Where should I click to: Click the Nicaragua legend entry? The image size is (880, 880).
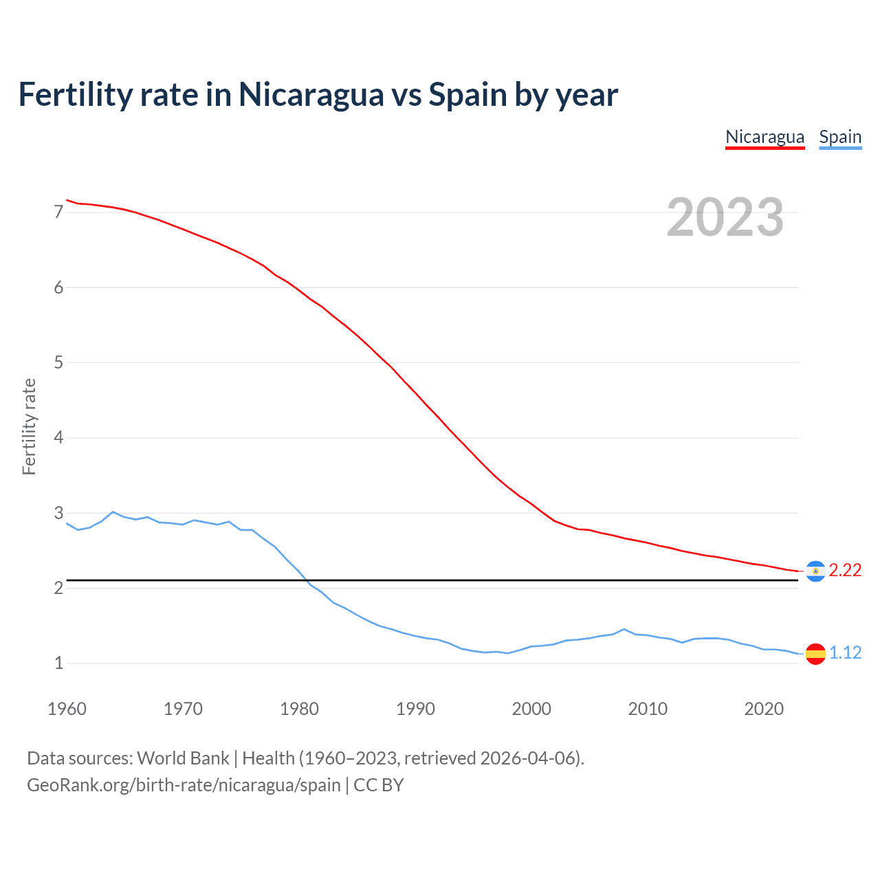point(764,137)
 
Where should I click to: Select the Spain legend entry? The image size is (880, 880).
point(840,137)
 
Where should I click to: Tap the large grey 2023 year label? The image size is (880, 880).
point(725,217)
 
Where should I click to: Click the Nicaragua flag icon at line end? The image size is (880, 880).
point(815,571)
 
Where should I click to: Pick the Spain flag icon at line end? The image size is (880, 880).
point(815,653)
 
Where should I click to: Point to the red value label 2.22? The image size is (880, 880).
point(845,571)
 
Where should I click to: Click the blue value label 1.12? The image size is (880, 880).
point(845,653)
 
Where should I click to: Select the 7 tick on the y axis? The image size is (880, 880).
point(58,212)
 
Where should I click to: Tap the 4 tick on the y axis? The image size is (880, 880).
point(58,438)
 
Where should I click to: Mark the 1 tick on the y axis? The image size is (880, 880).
point(58,663)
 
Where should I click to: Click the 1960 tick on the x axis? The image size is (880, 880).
point(67,709)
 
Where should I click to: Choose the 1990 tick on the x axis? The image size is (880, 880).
point(415,709)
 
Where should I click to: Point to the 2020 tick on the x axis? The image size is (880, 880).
point(764,709)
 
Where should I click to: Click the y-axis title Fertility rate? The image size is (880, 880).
point(29,426)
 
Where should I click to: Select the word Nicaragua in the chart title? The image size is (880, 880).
point(311,95)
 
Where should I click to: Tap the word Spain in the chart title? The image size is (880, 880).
point(468,95)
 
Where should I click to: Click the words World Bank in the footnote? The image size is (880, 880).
point(183,758)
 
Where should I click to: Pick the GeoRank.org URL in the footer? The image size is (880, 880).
point(184,785)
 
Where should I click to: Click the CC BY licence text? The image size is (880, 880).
point(378,785)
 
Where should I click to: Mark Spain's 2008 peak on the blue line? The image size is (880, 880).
point(624,629)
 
